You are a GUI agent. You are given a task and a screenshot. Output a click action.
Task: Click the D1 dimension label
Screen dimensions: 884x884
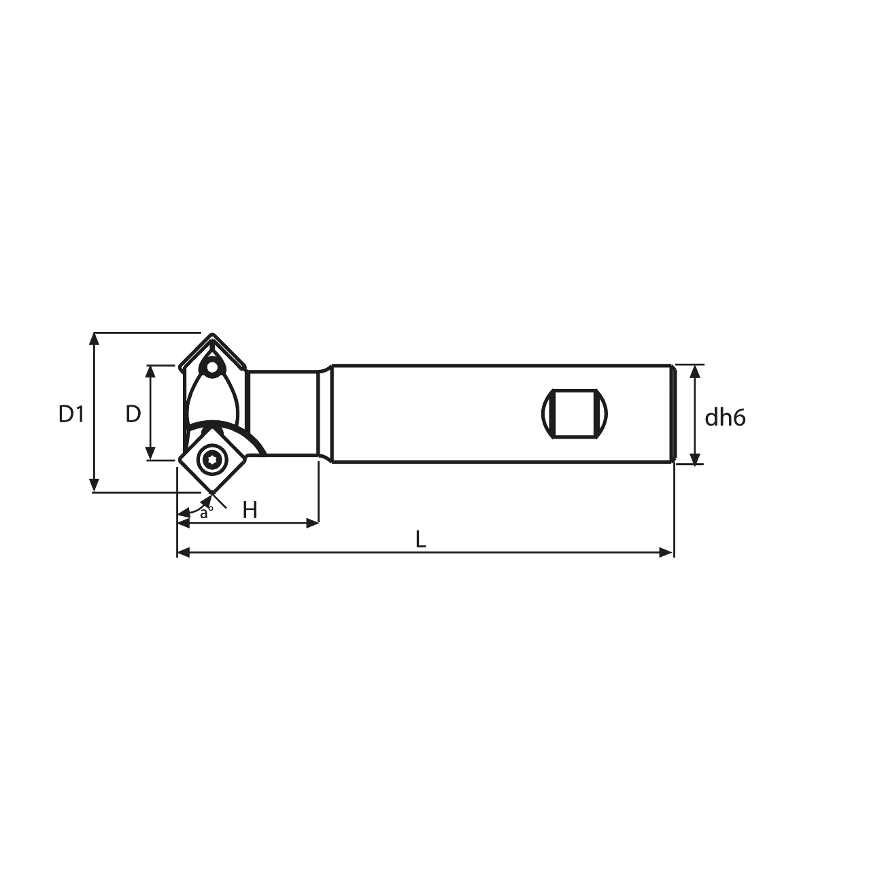tap(71, 414)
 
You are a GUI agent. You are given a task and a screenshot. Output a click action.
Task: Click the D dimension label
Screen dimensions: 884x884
tap(133, 414)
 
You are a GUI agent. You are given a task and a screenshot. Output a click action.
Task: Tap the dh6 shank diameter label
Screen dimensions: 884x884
tap(725, 418)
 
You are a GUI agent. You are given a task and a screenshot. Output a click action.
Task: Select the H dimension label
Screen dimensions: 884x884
tap(250, 510)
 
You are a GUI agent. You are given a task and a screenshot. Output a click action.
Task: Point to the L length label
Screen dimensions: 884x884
tap(421, 539)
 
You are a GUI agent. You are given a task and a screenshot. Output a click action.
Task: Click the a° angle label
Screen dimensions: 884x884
tap(206, 512)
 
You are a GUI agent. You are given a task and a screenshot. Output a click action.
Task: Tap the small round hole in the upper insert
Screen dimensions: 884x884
tap(212, 367)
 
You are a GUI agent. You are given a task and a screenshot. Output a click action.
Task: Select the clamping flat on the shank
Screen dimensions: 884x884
tap(575, 414)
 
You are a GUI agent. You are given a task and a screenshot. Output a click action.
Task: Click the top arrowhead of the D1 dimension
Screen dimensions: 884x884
tap(94, 339)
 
